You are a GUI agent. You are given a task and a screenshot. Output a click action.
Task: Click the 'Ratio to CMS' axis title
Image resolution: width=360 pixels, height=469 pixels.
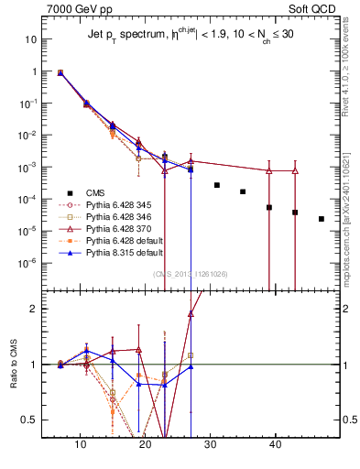point(14,365)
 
